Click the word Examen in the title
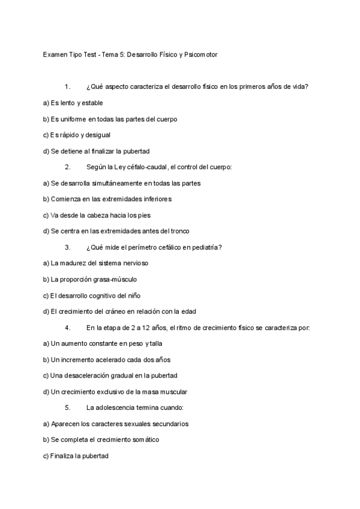(55, 54)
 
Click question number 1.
(67, 86)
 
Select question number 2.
(67, 166)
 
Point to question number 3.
(67, 247)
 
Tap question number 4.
(67, 328)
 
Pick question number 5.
(67, 408)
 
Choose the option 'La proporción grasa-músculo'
(89, 279)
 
